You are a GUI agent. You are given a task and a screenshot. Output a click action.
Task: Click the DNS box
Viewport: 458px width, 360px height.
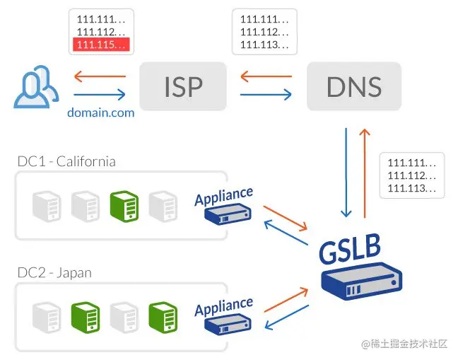[x=354, y=86]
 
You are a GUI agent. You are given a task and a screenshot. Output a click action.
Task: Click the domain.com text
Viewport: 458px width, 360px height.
[x=100, y=112]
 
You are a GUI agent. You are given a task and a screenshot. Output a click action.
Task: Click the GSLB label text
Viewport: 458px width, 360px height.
[x=349, y=249]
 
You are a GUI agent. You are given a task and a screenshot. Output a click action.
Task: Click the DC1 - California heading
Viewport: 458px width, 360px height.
[x=66, y=162]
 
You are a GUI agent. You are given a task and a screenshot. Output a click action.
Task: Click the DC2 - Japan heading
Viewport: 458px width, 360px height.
[x=54, y=272]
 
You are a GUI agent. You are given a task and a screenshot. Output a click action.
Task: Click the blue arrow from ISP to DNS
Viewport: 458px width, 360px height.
[x=266, y=94]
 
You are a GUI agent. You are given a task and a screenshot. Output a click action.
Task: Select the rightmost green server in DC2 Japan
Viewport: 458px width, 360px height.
[x=161, y=316]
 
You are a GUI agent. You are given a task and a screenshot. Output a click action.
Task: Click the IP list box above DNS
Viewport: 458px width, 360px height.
[x=264, y=31]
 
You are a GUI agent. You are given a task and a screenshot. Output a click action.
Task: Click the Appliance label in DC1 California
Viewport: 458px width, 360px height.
[x=223, y=194]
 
